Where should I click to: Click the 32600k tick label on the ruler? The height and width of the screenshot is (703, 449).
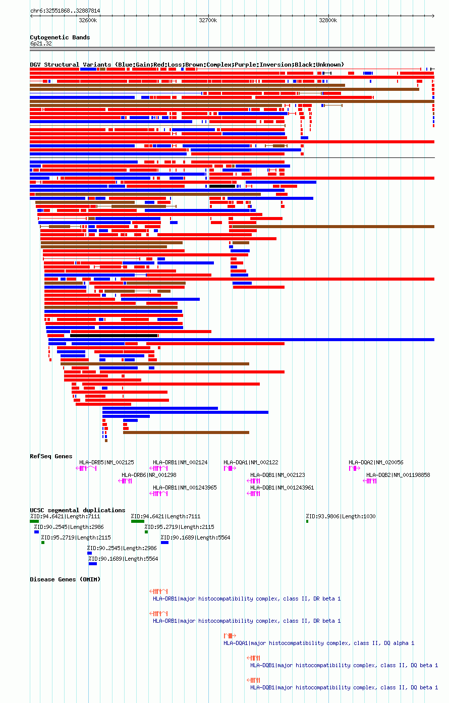click(x=88, y=20)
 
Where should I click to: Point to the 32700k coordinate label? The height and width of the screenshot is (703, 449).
click(x=208, y=20)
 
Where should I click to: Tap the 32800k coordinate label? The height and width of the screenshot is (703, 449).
click(x=328, y=20)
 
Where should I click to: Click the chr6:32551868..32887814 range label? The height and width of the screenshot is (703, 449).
click(x=65, y=11)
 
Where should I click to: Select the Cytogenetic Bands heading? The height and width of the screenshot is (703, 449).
click(x=60, y=37)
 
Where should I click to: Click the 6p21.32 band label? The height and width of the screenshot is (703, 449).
click(x=41, y=43)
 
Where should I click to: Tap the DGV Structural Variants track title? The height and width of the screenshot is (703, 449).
click(x=187, y=65)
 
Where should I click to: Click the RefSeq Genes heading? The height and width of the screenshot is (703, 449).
click(x=51, y=456)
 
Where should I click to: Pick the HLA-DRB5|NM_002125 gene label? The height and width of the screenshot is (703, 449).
click(x=106, y=462)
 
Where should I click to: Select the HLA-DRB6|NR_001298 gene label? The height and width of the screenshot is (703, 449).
click(x=149, y=475)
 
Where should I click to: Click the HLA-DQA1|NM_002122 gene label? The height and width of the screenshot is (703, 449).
click(x=251, y=462)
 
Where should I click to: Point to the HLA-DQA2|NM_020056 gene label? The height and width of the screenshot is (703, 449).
click(x=376, y=462)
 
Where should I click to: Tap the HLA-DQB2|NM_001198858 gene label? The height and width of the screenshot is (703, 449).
click(x=398, y=475)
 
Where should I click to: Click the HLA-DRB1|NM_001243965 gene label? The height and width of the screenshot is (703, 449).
click(x=185, y=488)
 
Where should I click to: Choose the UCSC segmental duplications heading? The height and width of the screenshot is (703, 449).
click(x=77, y=510)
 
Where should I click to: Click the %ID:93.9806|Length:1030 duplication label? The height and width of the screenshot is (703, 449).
click(x=341, y=516)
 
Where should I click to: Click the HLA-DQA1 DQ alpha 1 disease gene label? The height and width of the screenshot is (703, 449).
click(x=319, y=643)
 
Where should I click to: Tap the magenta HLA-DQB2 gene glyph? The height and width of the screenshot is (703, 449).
click(x=370, y=481)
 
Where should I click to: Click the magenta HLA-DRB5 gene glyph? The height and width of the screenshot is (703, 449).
click(x=86, y=468)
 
